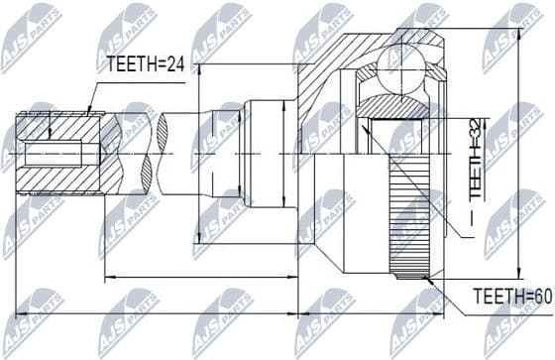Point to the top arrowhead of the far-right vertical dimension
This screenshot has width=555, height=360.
(520, 26)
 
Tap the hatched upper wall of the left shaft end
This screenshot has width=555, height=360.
(59, 128)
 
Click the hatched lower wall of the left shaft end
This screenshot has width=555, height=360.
(59, 182)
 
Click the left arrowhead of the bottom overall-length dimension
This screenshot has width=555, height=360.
(21, 313)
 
